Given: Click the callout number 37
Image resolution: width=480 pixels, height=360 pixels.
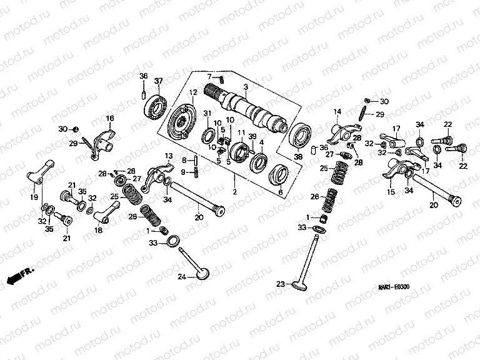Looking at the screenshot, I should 159,80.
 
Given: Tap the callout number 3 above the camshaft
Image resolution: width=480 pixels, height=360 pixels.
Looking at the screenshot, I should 246,86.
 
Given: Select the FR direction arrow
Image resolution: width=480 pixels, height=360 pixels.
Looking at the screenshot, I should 19,274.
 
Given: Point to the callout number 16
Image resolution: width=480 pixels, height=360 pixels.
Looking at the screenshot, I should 109,117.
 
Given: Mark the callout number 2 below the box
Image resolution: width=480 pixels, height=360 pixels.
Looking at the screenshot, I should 235,187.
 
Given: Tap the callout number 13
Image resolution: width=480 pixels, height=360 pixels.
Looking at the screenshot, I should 168,156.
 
